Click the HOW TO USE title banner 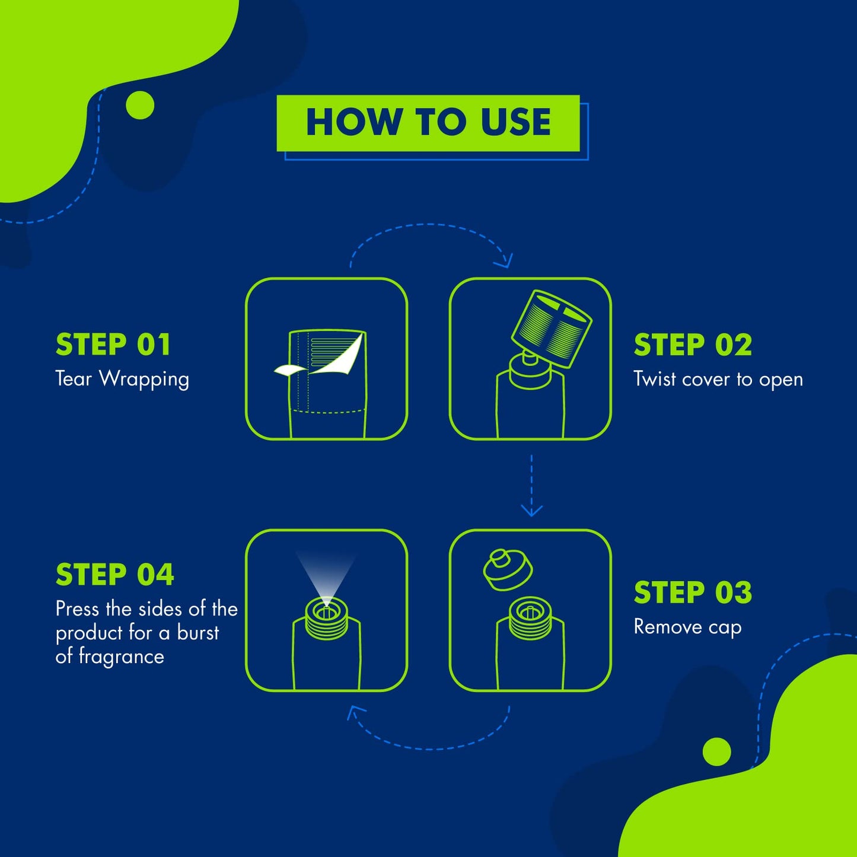428,123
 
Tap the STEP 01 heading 113,345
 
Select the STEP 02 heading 693,345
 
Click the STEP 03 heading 693,592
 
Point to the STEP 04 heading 114,575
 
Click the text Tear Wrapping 122,380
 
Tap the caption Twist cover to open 718,380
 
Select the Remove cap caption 687,627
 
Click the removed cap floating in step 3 508,570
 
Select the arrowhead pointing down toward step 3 531,511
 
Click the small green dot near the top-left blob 140,106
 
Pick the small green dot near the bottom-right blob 717,751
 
